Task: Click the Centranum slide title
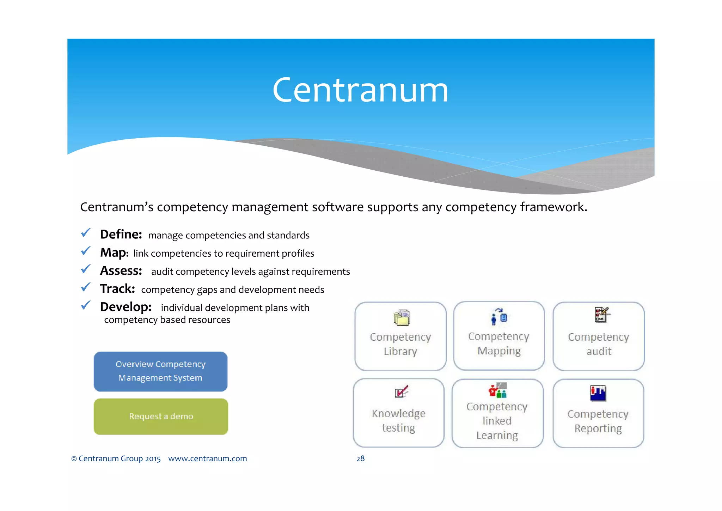coord(360,90)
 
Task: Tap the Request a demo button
coord(161,416)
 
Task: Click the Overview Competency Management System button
coord(160,371)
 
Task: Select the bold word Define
coord(121,235)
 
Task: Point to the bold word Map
coord(114,253)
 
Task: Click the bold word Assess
coord(121,271)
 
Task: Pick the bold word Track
coord(117,289)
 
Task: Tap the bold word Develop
coord(126,307)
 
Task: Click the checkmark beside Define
coord(86,233)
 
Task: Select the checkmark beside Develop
coord(86,305)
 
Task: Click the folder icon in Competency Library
coord(402,317)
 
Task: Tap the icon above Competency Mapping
coord(499,316)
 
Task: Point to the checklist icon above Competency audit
coord(601,315)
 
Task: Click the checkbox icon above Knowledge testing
coord(401,391)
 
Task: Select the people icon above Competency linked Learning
coord(497,390)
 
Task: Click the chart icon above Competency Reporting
coord(598,393)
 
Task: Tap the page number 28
coord(360,458)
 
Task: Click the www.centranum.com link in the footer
coord(207,458)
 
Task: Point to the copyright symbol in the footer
coord(74,459)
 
